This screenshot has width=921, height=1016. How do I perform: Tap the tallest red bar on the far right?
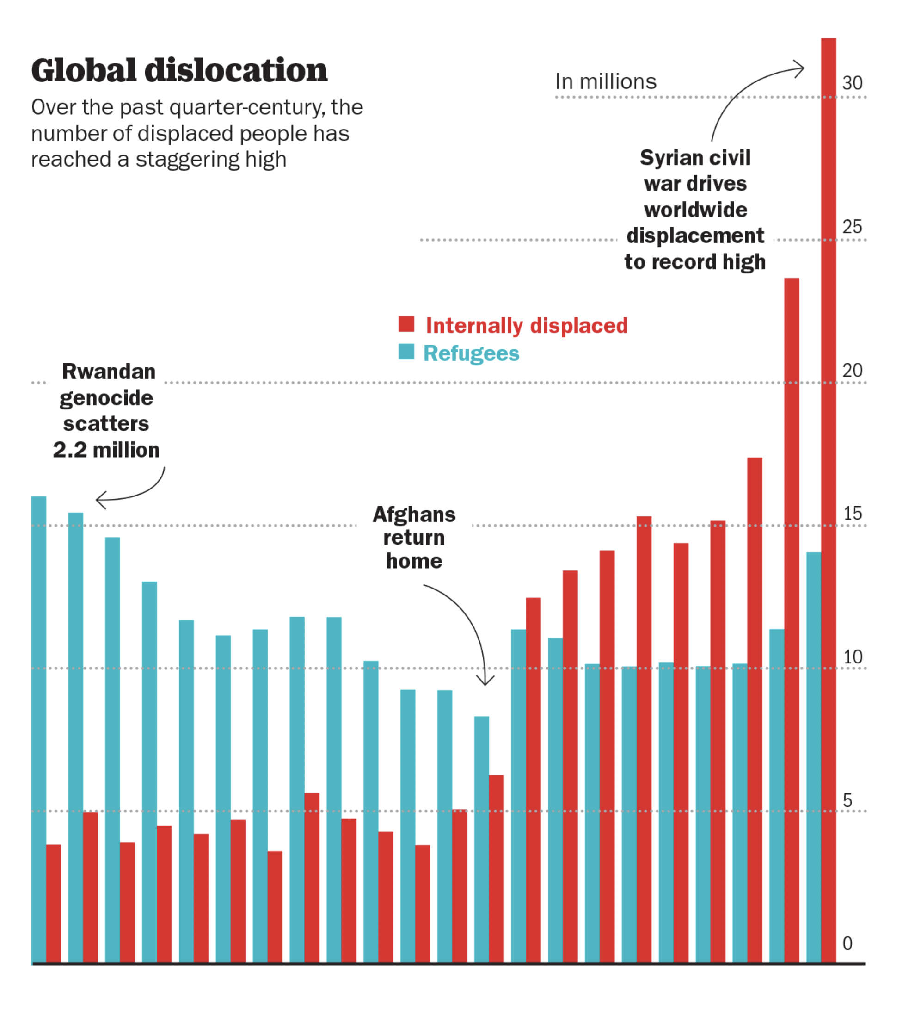pyautogui.click(x=829, y=499)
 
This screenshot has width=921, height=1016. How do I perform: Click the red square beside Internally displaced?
pyautogui.click(x=406, y=324)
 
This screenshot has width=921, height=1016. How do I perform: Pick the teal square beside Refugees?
pyautogui.click(x=406, y=352)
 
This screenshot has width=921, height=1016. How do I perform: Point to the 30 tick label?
pyautogui.click(x=852, y=83)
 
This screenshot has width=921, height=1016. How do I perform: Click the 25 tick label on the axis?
pyautogui.click(x=852, y=227)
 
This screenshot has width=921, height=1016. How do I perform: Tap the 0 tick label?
pyautogui.click(x=847, y=943)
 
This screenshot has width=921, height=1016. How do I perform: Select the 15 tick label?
pyautogui.click(x=852, y=514)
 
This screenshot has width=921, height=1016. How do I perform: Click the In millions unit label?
pyautogui.click(x=605, y=81)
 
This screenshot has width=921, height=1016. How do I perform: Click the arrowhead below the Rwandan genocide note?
pyautogui.click(x=100, y=500)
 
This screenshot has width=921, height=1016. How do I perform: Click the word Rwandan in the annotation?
pyautogui.click(x=108, y=372)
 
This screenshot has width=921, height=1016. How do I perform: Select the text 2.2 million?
pyautogui.click(x=106, y=450)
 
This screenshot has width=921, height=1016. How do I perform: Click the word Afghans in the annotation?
pyautogui.click(x=414, y=514)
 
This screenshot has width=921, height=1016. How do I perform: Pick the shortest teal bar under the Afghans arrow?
pyautogui.click(x=481, y=839)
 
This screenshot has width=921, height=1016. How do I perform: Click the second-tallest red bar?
pyautogui.click(x=791, y=620)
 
